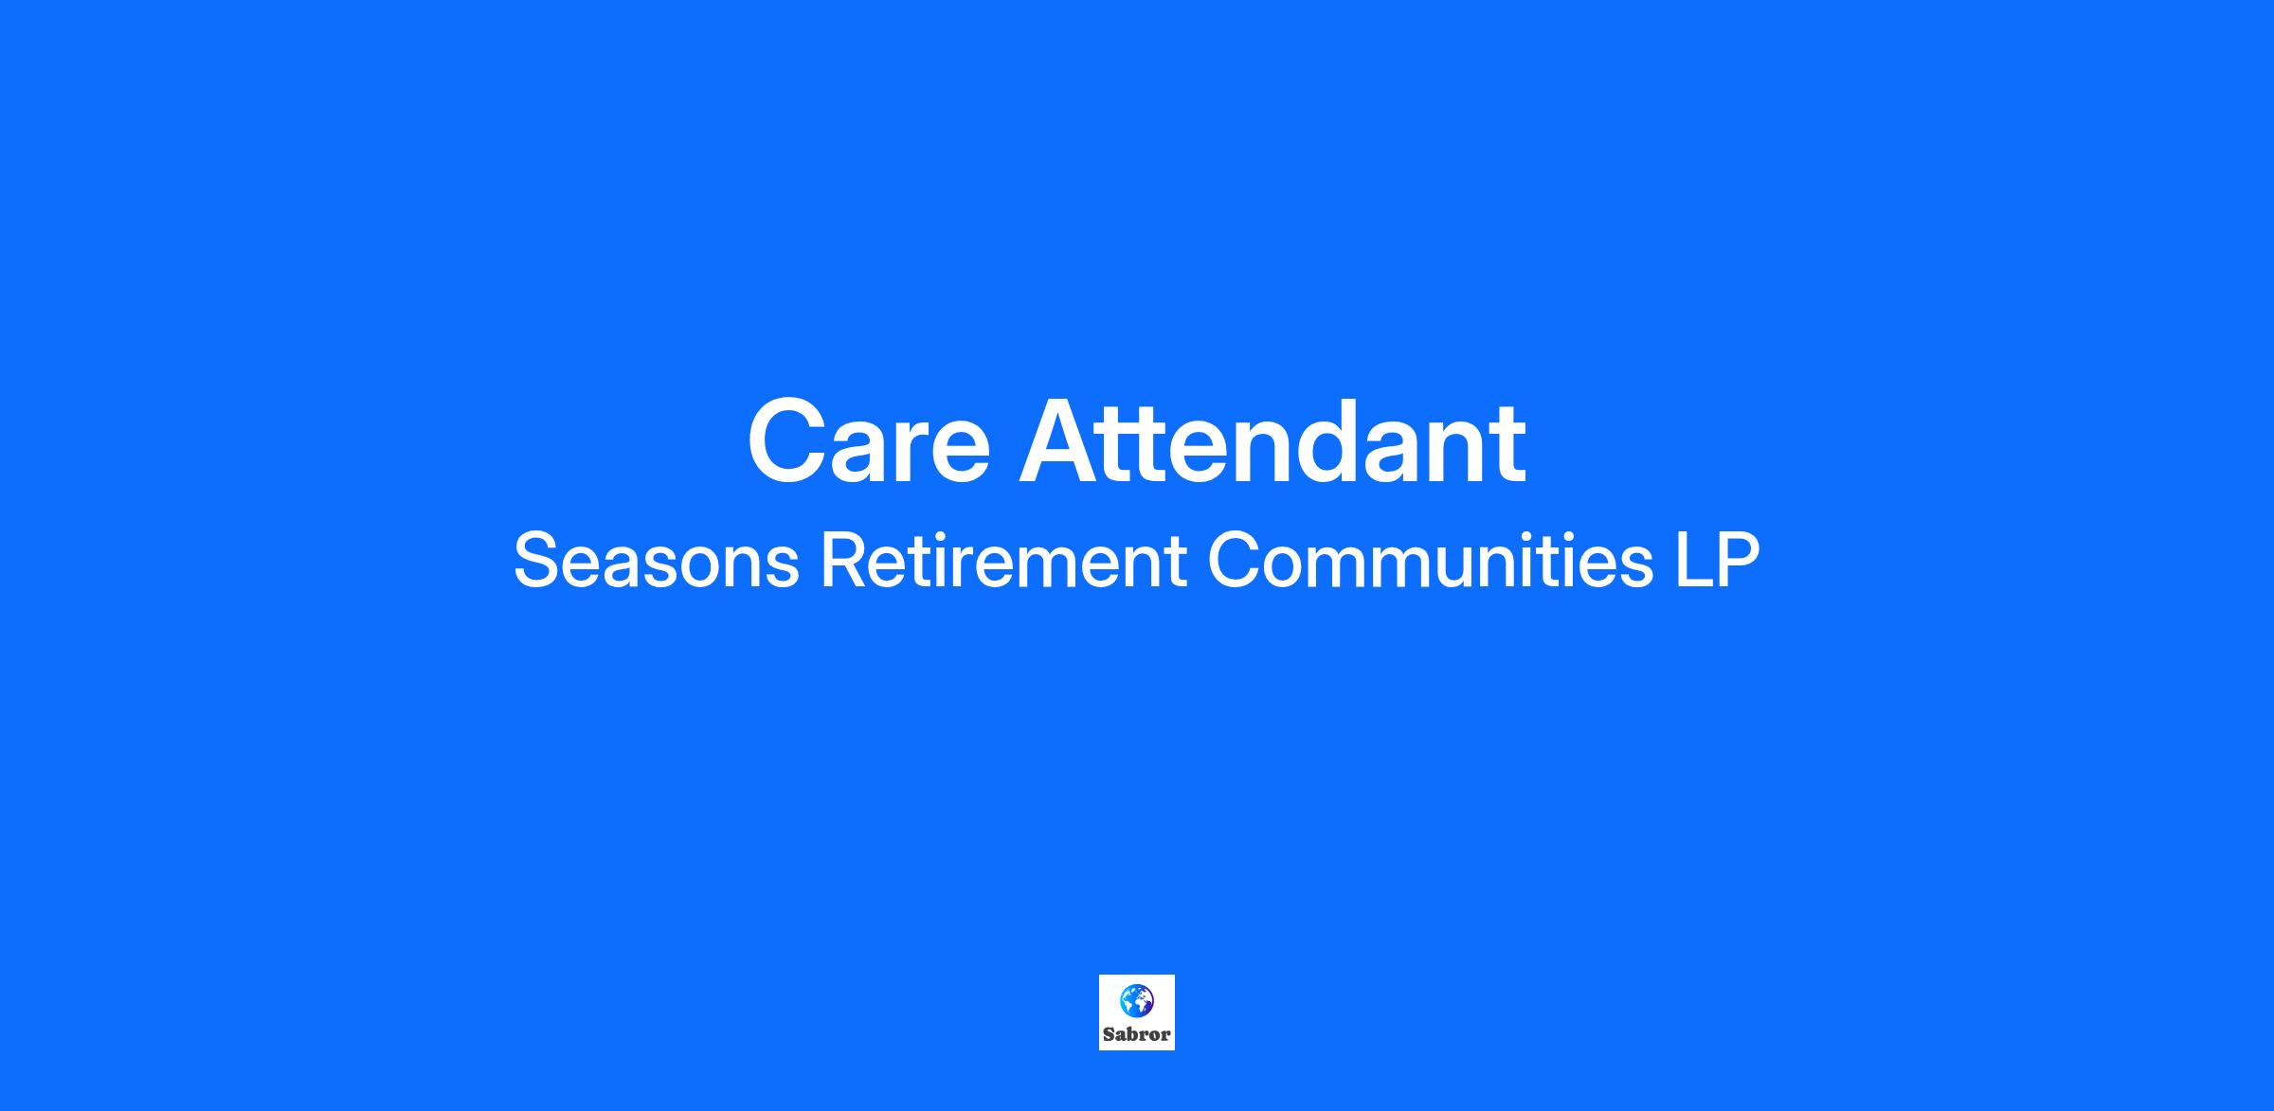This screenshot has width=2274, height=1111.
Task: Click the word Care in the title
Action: (869, 442)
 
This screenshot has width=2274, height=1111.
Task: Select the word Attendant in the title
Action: (1272, 442)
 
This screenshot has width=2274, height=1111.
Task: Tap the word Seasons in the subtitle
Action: (657, 561)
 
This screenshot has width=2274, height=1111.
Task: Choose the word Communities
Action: (1432, 561)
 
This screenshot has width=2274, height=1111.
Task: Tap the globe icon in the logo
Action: (1137, 1000)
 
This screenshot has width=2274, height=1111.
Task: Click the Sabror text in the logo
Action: (1137, 1035)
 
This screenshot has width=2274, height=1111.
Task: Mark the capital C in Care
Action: (790, 442)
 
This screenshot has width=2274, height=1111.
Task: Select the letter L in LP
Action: (1693, 561)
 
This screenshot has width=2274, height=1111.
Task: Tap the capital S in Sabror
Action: (1109, 1035)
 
